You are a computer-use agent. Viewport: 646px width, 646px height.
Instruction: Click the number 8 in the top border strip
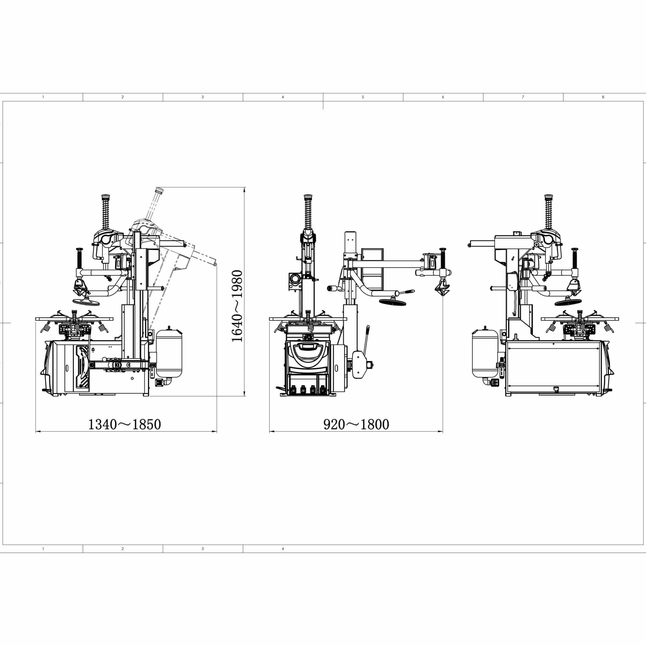tap(603, 97)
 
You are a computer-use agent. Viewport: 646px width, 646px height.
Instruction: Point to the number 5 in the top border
tap(363, 97)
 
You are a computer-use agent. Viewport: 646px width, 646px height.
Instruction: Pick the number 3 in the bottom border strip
tap(203, 549)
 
